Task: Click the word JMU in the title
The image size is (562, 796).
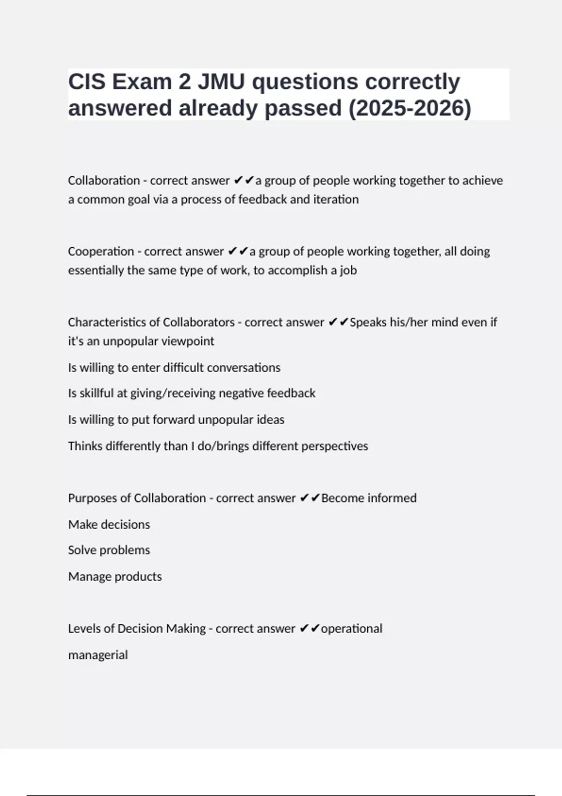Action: [221, 82]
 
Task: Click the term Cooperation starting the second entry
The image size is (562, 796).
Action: [101, 251]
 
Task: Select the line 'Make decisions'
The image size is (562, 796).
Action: [109, 524]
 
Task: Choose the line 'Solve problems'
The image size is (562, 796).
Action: [109, 550]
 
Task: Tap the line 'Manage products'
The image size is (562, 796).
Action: [115, 576]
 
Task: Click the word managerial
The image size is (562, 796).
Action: [98, 655]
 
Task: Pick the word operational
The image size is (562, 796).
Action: [351, 628]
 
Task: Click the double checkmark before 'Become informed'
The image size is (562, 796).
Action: [309, 498]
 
